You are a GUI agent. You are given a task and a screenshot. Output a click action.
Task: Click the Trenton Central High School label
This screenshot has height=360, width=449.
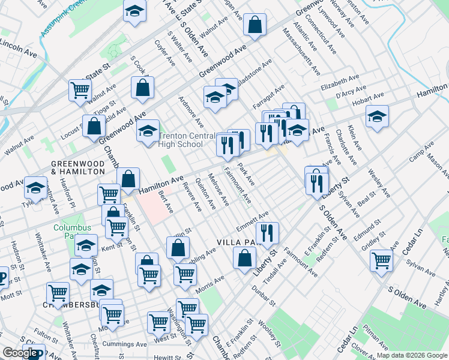[181, 140]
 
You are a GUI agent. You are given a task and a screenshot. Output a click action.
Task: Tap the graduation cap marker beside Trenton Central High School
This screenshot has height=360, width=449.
[148, 131]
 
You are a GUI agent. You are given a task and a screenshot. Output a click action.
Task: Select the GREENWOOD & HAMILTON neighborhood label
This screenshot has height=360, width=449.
[77, 167]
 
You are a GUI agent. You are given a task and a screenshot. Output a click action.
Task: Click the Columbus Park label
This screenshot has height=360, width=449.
[72, 232]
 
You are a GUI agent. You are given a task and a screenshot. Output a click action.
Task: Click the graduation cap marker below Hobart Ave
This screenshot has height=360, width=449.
[377, 115]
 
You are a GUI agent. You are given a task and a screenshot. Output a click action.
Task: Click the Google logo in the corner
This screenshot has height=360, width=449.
[19, 353]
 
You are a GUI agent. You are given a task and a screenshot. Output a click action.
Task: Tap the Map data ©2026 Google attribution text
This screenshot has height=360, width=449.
[411, 355]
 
